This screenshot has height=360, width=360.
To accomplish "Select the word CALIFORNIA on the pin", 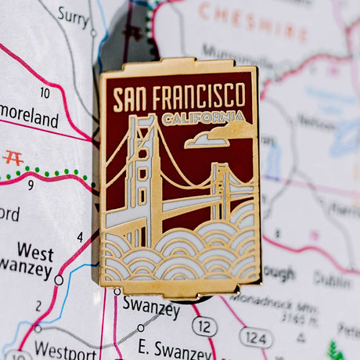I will click(x=203, y=118).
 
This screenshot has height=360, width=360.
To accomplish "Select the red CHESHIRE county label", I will click(x=252, y=21).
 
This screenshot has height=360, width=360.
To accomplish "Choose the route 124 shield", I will click(x=255, y=337).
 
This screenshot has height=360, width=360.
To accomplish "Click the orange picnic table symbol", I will click(x=13, y=157).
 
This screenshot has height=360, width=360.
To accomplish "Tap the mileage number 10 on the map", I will click(x=45, y=93).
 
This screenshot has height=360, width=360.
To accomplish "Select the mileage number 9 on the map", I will click(x=31, y=185).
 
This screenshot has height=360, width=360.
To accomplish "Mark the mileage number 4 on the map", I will click(x=80, y=237).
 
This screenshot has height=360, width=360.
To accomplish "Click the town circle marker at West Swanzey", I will click(x=59, y=279).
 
